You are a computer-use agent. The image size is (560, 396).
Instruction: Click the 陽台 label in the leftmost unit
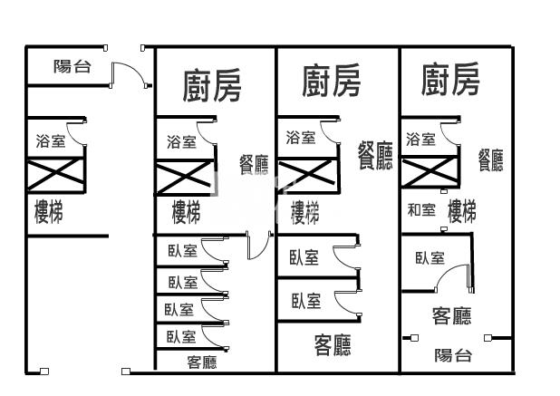click(72, 66)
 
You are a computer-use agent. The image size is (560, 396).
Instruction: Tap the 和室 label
click(421, 210)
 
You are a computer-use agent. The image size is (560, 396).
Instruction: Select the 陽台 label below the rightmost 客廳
click(453, 355)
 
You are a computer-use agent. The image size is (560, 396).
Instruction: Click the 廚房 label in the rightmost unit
click(450, 79)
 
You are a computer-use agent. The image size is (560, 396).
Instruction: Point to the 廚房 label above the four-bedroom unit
click(212, 86)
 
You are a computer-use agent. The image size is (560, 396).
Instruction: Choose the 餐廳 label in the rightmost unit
click(491, 160)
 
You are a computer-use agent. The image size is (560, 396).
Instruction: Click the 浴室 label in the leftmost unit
click(51, 141)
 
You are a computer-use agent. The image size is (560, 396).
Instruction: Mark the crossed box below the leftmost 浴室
click(55, 175)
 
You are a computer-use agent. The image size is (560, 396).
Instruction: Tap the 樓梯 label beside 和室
click(462, 211)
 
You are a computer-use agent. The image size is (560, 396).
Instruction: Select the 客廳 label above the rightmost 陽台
click(452, 315)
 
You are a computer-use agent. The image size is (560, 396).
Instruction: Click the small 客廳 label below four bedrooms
click(202, 362)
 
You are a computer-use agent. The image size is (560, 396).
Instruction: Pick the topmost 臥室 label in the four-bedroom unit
click(182, 251)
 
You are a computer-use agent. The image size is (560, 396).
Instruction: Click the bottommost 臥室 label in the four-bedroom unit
click(181, 337)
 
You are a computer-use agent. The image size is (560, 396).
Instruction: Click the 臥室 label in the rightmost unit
click(430, 258)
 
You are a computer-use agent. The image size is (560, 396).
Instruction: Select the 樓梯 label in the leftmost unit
click(49, 212)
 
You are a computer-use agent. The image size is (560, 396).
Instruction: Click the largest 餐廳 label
click(375, 155)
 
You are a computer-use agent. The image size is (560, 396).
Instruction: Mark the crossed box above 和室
click(430, 173)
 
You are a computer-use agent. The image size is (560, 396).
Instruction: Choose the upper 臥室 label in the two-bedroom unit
click(304, 257)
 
